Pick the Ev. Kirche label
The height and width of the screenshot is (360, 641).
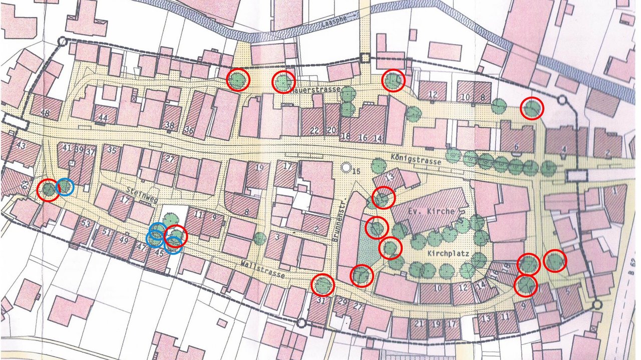432,211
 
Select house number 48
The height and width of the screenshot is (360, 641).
45,113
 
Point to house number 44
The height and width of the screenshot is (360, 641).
103,118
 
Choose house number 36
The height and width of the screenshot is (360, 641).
189,131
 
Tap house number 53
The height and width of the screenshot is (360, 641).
86,223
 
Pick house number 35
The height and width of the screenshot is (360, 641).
112,150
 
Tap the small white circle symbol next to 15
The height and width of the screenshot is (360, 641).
346,167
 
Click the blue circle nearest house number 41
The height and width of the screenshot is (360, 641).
65,187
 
